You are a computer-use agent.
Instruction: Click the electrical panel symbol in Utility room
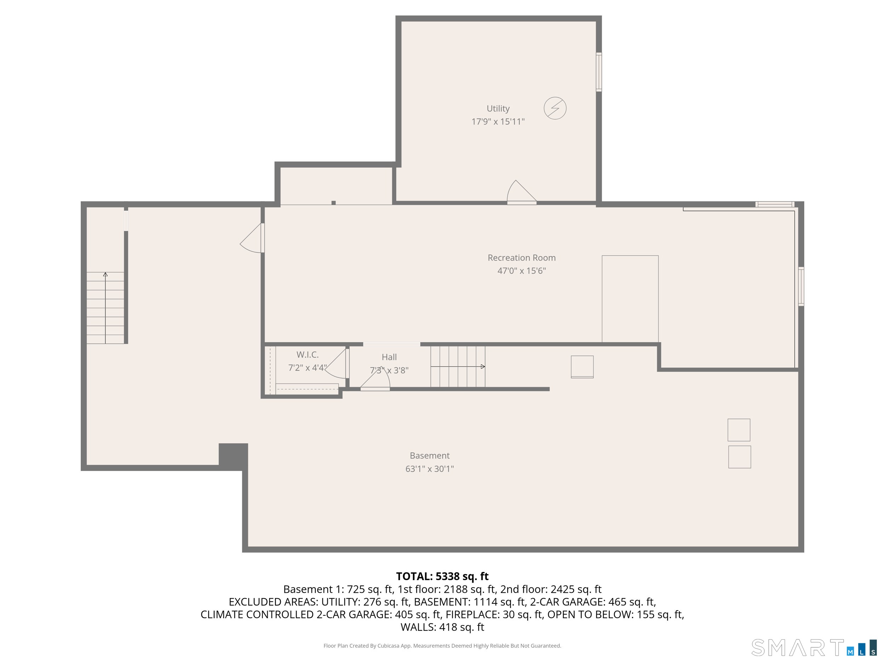[555, 108]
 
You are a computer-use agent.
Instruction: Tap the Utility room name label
[498, 108]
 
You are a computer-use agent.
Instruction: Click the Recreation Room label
[521, 258]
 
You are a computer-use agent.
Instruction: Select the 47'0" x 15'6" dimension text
[521, 271]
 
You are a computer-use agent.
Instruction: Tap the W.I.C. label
[307, 354]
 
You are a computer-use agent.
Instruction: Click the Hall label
[389, 357]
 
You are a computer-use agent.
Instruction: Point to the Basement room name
[429, 455]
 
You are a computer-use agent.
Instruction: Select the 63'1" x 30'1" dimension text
[429, 469]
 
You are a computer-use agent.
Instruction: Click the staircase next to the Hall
[458, 367]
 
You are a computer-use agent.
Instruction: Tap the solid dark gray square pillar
[233, 455]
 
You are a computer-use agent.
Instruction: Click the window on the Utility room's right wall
[599, 72]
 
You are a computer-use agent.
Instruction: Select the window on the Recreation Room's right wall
[801, 286]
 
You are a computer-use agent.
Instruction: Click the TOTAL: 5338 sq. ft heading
[442, 576]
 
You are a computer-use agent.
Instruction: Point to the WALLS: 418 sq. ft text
[442, 627]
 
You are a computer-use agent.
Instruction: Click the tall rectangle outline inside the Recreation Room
[630, 299]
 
